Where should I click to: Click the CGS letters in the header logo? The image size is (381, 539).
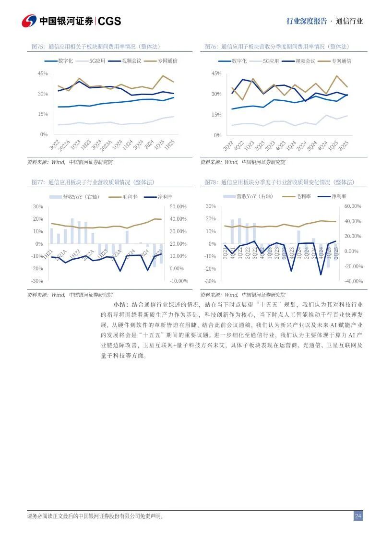coord(109,21)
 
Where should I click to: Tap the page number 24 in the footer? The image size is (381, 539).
coord(358,516)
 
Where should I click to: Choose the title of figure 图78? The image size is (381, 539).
coord(279,182)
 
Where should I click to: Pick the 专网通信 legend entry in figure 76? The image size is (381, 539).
coord(341,61)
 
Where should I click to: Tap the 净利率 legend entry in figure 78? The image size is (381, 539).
coord(339,196)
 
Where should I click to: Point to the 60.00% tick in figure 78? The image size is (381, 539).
coord(352,206)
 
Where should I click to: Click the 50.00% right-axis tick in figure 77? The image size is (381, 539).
coord(178,206)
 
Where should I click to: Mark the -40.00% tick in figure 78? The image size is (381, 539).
coord(352,281)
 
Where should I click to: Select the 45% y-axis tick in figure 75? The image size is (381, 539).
coord(43,73)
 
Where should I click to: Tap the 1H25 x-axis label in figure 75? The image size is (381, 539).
coord(169,145)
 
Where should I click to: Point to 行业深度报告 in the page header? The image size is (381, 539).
coord(307,21)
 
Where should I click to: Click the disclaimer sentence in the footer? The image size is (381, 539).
coord(95,516)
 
